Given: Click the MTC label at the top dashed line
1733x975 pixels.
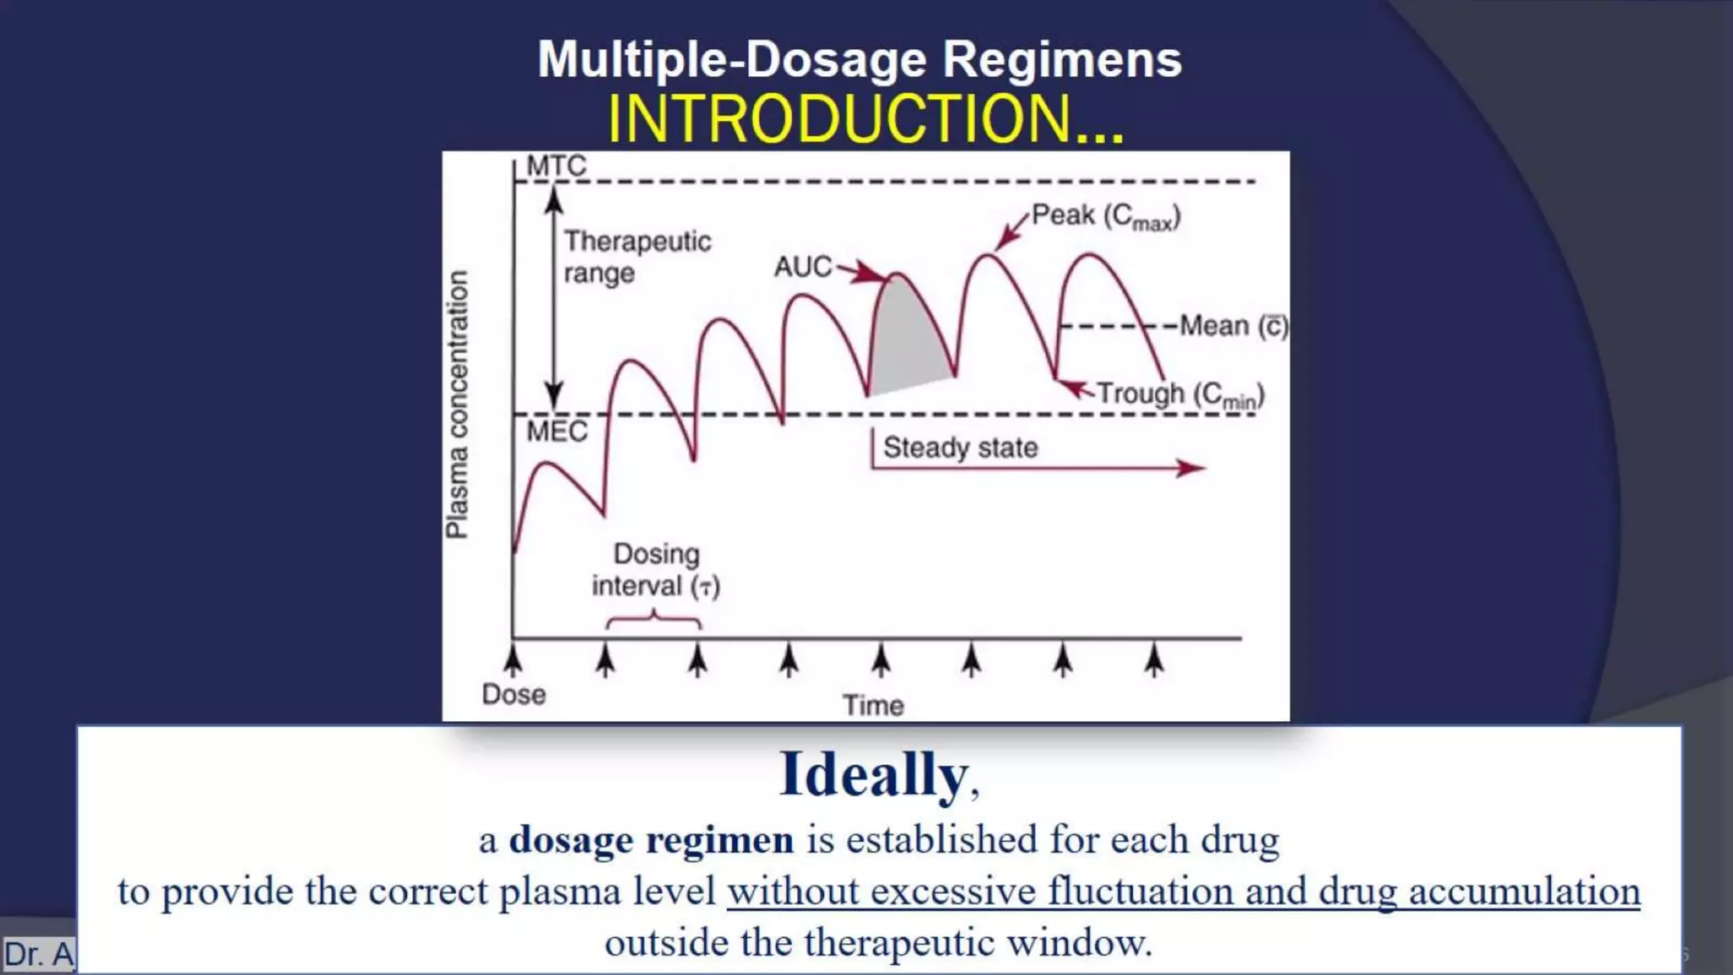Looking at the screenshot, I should (556, 166).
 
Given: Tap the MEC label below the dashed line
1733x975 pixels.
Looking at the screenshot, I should (556, 432).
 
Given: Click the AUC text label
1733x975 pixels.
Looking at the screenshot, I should (803, 267).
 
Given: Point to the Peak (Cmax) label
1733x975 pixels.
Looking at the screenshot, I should (1105, 217).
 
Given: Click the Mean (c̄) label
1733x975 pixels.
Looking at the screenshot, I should (1233, 326).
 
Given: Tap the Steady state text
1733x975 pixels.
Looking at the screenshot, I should (960, 447).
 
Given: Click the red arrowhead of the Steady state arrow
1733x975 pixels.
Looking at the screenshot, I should (1193, 468).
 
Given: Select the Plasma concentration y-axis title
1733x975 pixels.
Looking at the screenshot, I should (457, 405).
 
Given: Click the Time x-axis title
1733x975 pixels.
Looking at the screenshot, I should (872, 705).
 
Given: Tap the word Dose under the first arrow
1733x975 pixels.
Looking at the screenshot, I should (514, 695).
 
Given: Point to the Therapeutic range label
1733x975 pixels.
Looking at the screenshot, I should (636, 256).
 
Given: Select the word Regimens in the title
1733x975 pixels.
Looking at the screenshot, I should (1062, 60).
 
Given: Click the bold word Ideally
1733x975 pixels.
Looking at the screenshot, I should (873, 774).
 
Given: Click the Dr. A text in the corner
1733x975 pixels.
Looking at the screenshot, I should (39, 954).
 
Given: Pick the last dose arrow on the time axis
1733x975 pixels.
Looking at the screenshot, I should (1154, 660).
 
